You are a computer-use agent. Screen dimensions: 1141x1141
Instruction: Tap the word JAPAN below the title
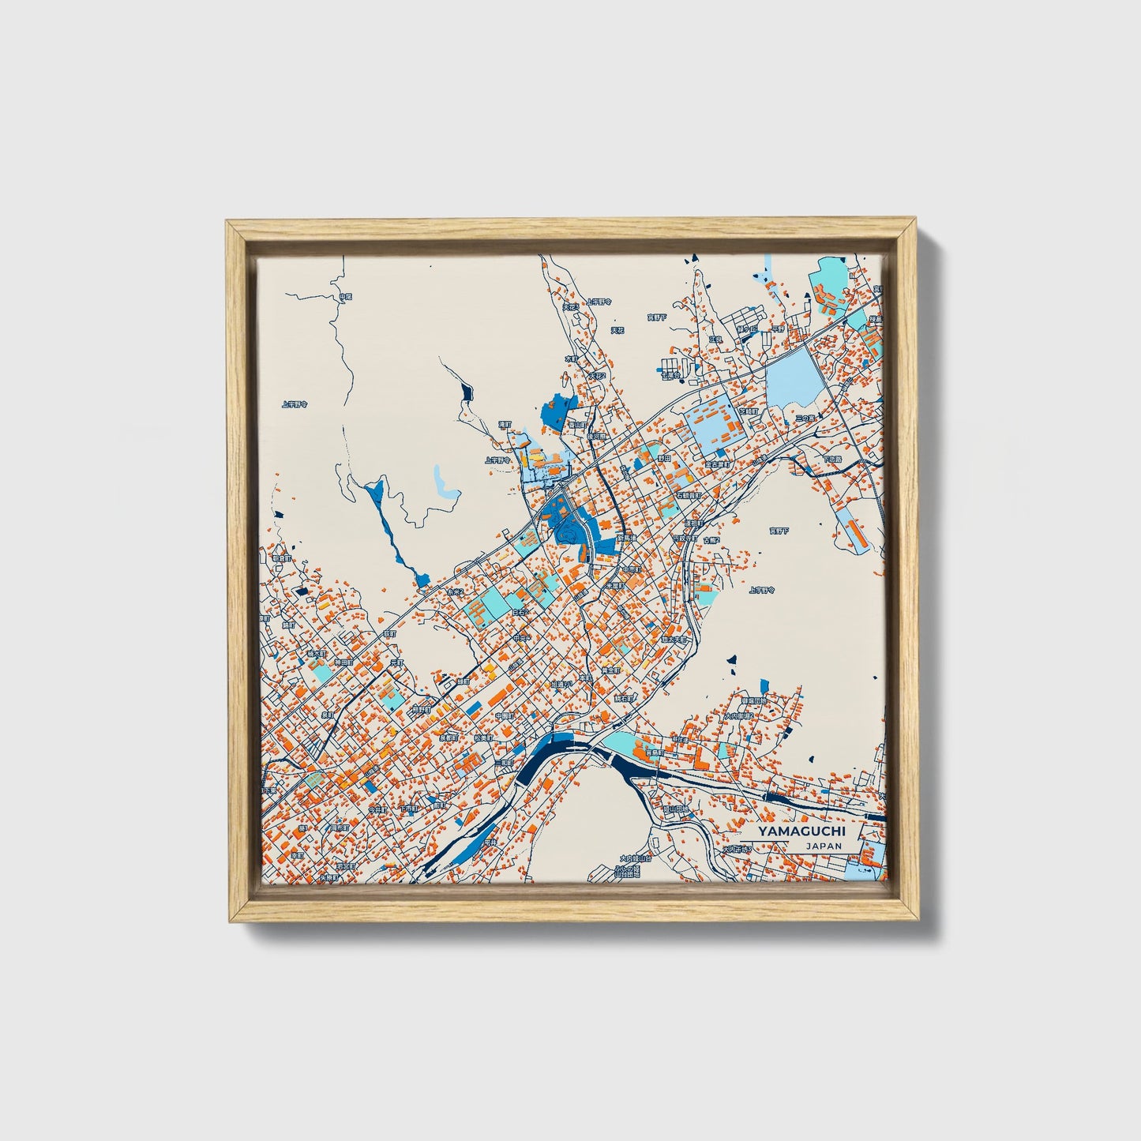click(824, 846)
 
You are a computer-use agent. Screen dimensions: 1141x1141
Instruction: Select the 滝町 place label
click(505, 424)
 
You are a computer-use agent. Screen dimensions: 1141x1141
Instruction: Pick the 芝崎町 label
click(747, 411)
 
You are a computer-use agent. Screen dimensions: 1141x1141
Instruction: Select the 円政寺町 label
click(684, 539)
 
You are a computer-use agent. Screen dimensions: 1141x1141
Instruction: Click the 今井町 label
click(379, 809)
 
